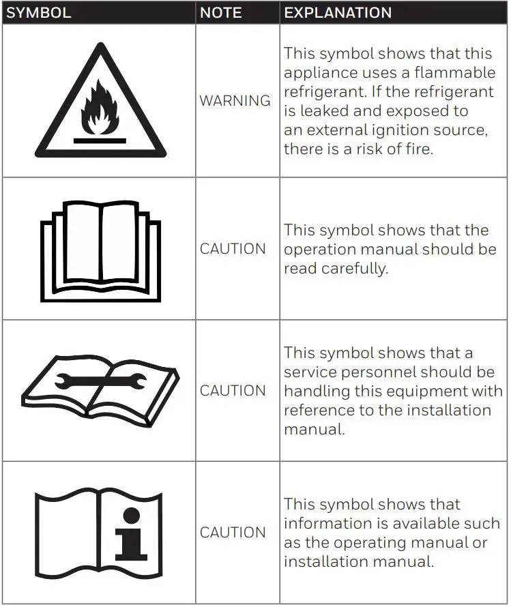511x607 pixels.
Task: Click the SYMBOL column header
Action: [38, 13]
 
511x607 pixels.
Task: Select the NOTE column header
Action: [220, 13]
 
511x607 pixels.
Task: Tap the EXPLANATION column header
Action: [338, 13]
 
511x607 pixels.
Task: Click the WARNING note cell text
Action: [235, 101]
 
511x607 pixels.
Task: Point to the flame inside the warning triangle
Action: [100, 113]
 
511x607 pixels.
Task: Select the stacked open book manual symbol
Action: [100, 250]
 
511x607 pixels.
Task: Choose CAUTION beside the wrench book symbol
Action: [233, 391]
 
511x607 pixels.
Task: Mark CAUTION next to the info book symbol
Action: [233, 533]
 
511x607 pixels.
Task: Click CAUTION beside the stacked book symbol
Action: [233, 249]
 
